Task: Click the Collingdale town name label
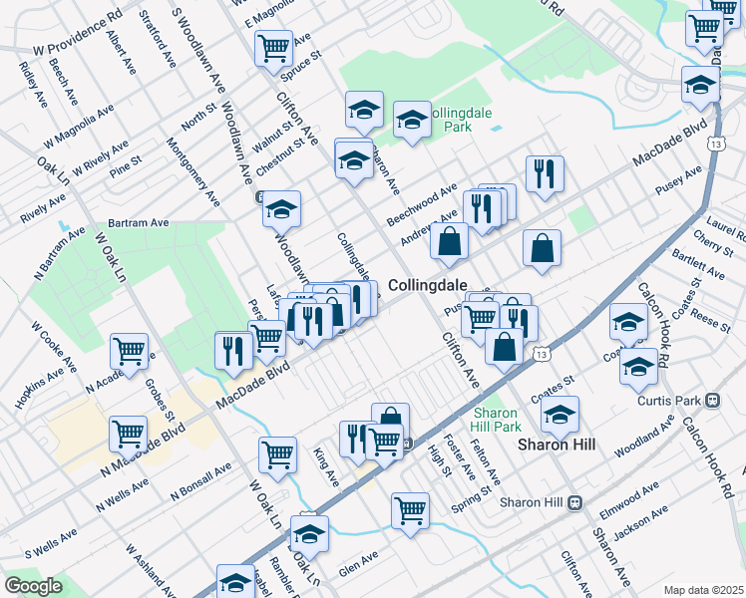427,285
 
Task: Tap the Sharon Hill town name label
557,445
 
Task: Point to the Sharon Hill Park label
496,420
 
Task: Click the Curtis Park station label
670,401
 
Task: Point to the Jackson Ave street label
639,524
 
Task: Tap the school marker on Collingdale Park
411,121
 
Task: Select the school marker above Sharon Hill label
560,413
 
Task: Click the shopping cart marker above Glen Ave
411,509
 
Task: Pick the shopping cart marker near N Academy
130,351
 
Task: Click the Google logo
33,586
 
